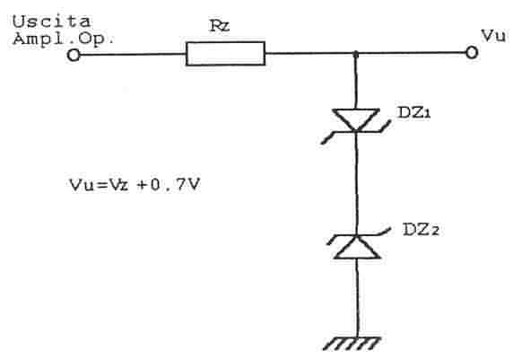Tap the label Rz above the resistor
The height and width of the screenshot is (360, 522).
(220, 26)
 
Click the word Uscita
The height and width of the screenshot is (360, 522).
(52, 22)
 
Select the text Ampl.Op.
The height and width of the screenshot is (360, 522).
(64, 40)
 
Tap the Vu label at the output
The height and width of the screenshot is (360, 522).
(493, 36)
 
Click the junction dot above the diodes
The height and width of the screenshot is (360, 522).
(355, 53)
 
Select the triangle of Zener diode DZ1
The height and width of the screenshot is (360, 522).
(355, 119)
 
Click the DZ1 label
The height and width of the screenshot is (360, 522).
(414, 112)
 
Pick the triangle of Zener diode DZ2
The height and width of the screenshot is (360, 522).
(357, 247)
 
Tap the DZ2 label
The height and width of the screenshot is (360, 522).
(422, 229)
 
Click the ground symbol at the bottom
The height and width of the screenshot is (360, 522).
(352, 344)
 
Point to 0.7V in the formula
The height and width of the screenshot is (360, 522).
(175, 184)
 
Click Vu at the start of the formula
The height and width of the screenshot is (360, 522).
(82, 185)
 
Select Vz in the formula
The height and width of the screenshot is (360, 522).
(119, 185)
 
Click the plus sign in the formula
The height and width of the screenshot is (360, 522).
(142, 185)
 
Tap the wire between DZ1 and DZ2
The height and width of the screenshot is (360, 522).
(356, 183)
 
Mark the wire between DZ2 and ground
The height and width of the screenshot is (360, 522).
(357, 298)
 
